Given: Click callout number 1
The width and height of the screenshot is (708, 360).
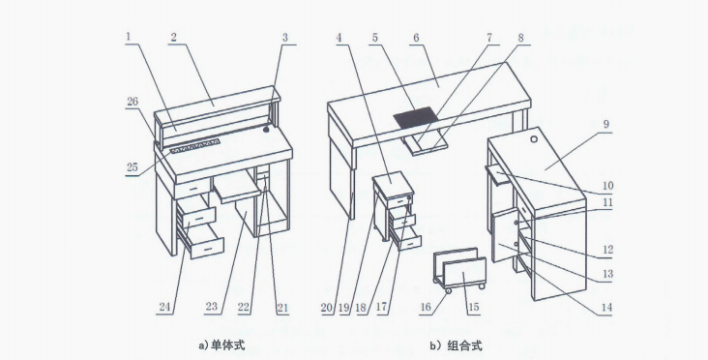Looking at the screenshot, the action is [129, 36].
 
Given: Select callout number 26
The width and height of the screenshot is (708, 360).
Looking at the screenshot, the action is [133, 102].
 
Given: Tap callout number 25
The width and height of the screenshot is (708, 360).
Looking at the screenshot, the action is [132, 167].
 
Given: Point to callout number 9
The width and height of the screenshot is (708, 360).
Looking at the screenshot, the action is [605, 124].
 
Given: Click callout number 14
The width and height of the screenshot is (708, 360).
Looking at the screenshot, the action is [606, 307].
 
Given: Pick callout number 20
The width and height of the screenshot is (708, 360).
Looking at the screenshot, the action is [327, 308].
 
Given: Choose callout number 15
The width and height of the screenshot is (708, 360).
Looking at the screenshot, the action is [473, 308].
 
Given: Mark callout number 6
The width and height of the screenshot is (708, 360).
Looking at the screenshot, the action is [416, 38].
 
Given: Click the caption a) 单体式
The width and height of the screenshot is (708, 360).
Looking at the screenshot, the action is [221, 345].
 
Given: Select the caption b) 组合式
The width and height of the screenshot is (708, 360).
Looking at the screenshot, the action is [457, 346].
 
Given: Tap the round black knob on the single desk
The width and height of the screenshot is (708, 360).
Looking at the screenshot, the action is [266, 130].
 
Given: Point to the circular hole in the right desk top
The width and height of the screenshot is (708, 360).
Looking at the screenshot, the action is [534, 139].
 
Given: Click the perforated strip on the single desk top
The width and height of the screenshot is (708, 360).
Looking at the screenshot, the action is [195, 146].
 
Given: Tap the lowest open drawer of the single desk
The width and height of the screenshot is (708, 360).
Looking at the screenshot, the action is [205, 241].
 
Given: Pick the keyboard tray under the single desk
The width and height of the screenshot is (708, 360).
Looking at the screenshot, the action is [237, 187].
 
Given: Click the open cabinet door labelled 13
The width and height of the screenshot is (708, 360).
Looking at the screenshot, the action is [504, 236].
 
